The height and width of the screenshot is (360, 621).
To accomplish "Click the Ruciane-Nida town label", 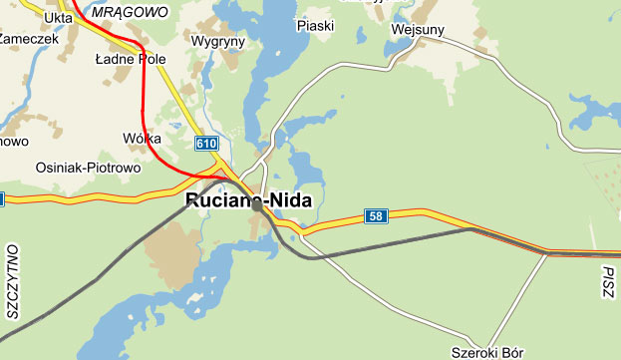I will (x=248, y=200).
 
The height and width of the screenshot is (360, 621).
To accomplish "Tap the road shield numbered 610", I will (x=206, y=144).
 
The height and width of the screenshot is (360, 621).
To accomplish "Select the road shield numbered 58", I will (x=375, y=216).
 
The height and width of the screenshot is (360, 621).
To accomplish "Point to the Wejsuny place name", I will (x=420, y=29).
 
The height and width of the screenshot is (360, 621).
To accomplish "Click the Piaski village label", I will (x=315, y=25).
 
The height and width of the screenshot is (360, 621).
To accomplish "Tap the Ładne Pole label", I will (x=130, y=59).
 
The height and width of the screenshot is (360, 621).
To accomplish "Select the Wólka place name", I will (x=142, y=139).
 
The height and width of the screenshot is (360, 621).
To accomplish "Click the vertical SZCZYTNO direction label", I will (x=13, y=280).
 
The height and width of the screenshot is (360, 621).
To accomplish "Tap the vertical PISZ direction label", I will (x=609, y=285).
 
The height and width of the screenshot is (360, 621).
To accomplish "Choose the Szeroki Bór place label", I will (x=487, y=352).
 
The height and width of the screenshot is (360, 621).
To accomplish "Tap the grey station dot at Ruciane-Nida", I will (x=257, y=207).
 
